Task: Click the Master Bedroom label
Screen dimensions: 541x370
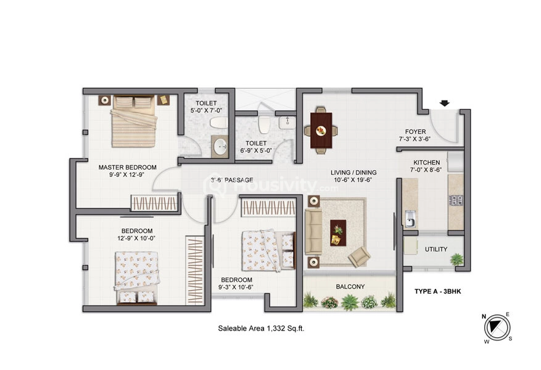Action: click(x=127, y=167)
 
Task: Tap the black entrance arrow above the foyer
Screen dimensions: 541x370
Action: click(x=445, y=103)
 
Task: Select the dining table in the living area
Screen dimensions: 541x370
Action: click(x=321, y=130)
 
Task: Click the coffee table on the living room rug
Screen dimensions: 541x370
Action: click(x=338, y=232)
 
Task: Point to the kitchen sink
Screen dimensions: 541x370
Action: click(x=410, y=218)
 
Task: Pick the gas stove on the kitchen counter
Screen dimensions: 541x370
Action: click(x=456, y=200)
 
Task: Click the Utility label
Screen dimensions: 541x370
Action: click(x=436, y=249)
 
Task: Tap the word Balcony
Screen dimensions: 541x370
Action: click(x=350, y=287)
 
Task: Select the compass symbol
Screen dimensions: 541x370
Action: click(x=497, y=327)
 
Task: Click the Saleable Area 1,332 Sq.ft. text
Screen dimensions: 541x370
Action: click(x=261, y=329)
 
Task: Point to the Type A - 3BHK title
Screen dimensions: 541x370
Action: click(x=437, y=292)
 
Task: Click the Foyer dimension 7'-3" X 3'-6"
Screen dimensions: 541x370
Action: click(x=415, y=139)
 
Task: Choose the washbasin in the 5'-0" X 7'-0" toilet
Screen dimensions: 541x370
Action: click(x=220, y=147)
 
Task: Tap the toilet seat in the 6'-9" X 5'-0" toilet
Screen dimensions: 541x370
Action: click(x=265, y=123)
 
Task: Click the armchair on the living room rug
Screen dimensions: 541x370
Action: click(x=359, y=257)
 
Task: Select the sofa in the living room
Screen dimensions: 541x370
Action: click(x=313, y=231)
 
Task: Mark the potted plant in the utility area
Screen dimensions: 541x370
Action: click(x=456, y=260)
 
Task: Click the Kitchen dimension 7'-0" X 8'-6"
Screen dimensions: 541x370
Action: click(x=426, y=170)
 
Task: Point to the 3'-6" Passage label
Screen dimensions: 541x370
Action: click(x=232, y=179)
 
